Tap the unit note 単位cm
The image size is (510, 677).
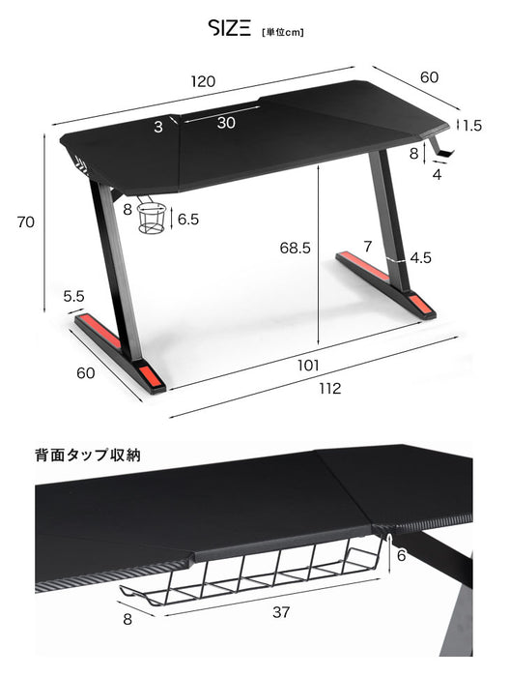(x=282, y=31)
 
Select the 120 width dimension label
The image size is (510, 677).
(x=202, y=80)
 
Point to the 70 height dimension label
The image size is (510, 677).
(x=26, y=221)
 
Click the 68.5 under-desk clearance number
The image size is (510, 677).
(x=294, y=249)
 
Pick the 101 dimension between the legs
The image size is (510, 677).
(x=308, y=366)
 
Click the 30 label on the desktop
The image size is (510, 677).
(x=225, y=122)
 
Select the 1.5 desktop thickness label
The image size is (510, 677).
(x=471, y=125)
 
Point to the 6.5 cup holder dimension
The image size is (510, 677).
(x=188, y=220)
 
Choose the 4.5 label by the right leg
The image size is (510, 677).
(x=420, y=258)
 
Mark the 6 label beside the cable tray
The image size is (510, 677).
(x=400, y=555)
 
